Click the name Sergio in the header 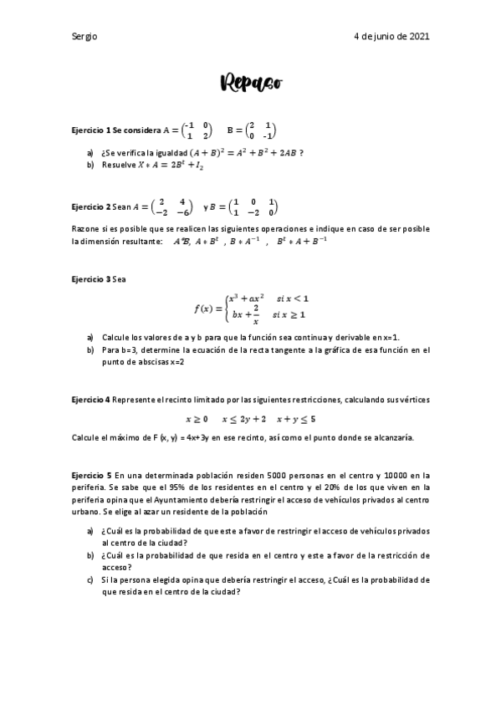coord(85,37)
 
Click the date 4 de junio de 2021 coord(392,37)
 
